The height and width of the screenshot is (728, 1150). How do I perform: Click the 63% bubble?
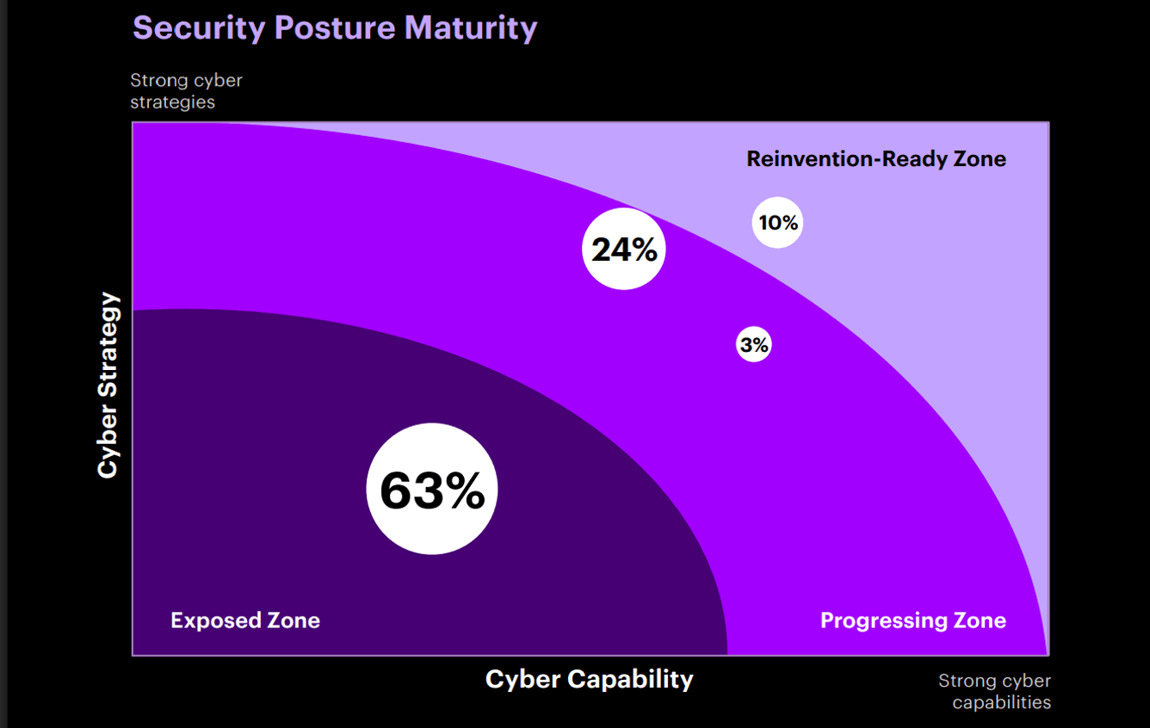point(432,489)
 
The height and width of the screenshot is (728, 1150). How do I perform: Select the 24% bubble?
point(624,249)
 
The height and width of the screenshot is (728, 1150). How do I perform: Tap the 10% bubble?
point(777,222)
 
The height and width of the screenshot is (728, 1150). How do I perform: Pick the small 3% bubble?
point(753,345)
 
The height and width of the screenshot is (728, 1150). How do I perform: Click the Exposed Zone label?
point(245,620)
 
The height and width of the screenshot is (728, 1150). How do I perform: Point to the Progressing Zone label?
point(912,620)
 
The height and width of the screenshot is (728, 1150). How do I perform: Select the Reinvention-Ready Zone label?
point(876,158)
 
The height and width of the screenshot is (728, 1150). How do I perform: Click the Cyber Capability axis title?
point(589,679)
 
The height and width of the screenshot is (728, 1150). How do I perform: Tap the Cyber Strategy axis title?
point(108,386)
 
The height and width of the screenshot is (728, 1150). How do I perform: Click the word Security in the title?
point(199,28)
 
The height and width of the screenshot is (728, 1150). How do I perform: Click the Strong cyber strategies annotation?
point(186,90)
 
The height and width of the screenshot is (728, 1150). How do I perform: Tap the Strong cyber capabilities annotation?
point(995,691)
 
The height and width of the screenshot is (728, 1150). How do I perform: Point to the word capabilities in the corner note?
point(1002,702)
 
